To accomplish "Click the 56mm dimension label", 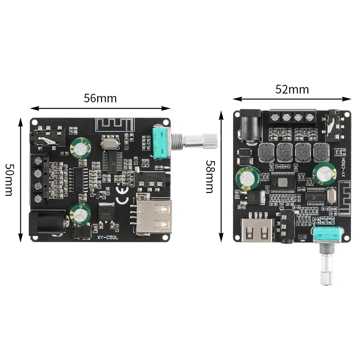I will pyautogui.click(x=100, y=98).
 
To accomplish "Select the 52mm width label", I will pyautogui.click(x=292, y=89).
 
